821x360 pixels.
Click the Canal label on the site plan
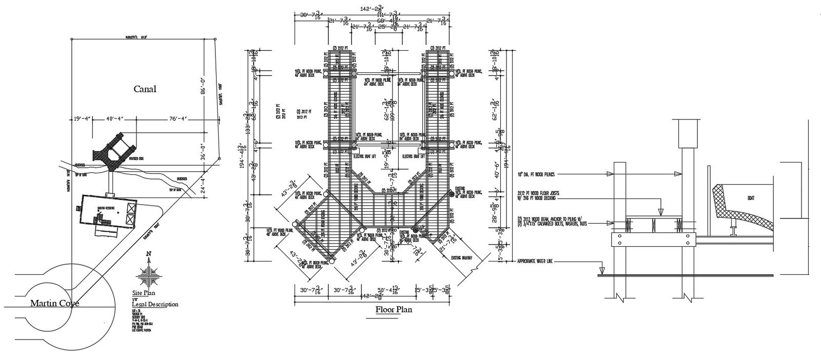[145, 89]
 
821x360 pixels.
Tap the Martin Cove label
[54, 303]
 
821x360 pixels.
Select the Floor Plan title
[394, 309]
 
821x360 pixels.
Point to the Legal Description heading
[155, 304]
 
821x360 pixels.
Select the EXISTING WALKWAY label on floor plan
[463, 257]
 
